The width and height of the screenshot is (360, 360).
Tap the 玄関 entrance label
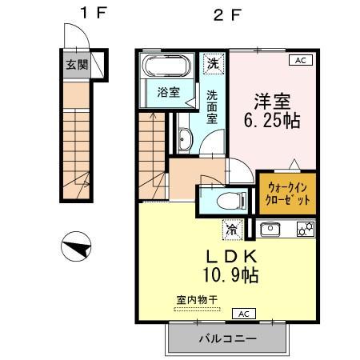coord(76,64)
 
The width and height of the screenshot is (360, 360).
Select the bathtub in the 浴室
coord(166,66)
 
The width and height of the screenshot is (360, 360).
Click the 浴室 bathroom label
coord(167,92)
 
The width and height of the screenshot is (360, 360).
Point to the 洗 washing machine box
coord(214,62)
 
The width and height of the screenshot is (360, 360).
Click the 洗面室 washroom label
coord(213,106)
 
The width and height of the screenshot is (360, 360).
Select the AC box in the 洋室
coord(301,60)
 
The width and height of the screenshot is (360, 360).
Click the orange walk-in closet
coord(286,193)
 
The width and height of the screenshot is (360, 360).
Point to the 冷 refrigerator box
coord(232,230)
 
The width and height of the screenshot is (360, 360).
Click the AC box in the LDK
coord(244,314)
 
